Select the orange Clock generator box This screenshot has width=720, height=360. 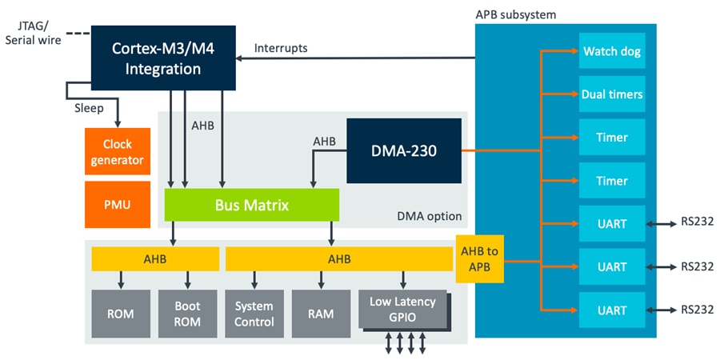click(x=117, y=152)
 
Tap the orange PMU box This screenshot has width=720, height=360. click(x=117, y=204)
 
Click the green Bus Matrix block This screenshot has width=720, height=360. click(x=252, y=205)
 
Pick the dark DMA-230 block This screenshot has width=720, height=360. click(x=404, y=150)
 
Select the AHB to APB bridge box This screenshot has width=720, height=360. click(x=480, y=259)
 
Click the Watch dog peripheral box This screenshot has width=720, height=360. click(x=612, y=52)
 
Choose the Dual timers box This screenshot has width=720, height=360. click(x=612, y=94)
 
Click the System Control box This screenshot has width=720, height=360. click(x=254, y=314)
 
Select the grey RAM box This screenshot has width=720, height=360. click(x=320, y=314)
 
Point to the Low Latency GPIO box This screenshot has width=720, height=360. click(x=402, y=309)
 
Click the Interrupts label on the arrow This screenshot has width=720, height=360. click(x=281, y=48)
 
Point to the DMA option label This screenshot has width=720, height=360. click(x=430, y=217)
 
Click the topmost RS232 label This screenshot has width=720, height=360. click(x=698, y=224)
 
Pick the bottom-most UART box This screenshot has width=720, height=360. click(x=612, y=310)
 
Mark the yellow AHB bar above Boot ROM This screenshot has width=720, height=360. click(x=155, y=259)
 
